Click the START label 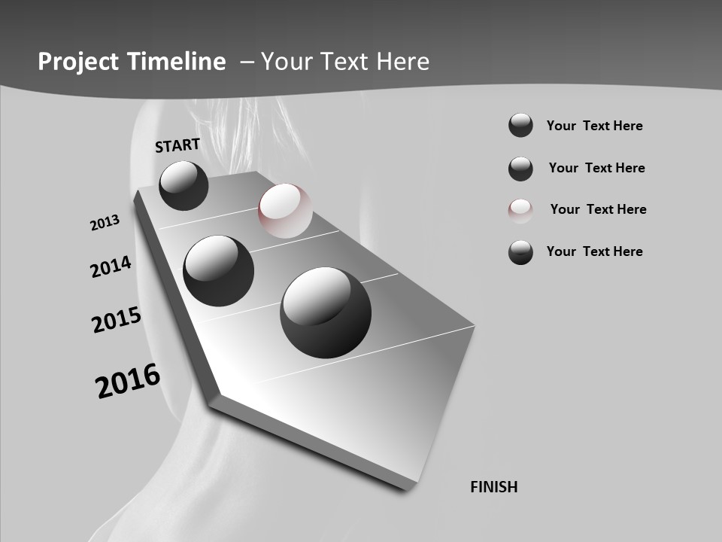(x=177, y=145)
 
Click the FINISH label (x=493, y=487)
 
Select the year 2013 (x=105, y=223)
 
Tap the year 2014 (x=111, y=266)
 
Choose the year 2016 (x=128, y=381)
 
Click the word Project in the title (x=77, y=62)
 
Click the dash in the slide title (x=247, y=62)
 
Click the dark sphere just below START (x=184, y=185)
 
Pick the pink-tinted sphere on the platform (x=285, y=210)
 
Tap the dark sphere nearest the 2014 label (x=219, y=270)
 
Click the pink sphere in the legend (x=520, y=210)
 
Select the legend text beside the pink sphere (x=598, y=209)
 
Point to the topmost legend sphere (x=520, y=126)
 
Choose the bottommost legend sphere (x=520, y=252)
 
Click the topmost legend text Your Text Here (x=594, y=126)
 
